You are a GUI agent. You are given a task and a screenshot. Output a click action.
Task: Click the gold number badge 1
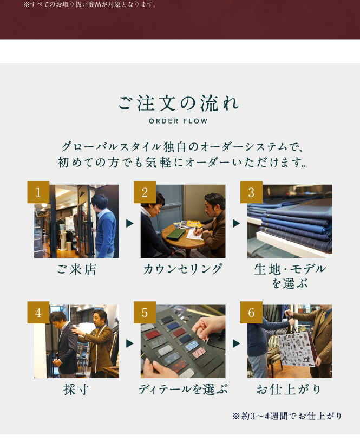pos(38,192)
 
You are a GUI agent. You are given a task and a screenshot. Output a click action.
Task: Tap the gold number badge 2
pos(145,192)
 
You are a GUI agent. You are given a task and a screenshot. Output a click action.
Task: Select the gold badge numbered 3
pos(251,192)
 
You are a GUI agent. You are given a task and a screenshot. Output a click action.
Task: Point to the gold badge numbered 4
pos(38,312)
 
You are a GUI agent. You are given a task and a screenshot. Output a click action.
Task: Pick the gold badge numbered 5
pos(145,312)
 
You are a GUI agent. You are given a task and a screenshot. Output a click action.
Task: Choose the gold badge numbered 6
pos(251,312)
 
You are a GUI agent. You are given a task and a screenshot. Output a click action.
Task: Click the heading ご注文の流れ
pos(179,103)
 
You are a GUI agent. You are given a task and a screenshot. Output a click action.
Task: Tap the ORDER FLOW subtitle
pos(178,121)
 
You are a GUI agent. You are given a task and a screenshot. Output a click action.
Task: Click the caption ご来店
pos(76,269)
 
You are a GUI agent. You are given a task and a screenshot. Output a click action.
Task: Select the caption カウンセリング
pos(183,269)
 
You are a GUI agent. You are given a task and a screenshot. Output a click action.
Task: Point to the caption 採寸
pos(76,390)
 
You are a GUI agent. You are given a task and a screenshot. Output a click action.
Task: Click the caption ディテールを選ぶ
pos(183,390)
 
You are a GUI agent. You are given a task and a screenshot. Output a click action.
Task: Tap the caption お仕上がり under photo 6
pos(289,390)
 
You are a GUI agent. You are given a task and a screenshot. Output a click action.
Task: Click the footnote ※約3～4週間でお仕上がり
pos(287,416)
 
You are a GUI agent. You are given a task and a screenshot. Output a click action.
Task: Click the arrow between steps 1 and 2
pos(129,223)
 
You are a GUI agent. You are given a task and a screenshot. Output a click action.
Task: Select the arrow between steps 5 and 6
pos(237,343)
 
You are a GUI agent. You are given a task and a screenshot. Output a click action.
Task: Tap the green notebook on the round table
pos(176,234)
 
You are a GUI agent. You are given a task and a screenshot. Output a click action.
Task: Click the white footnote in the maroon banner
pos(90,4)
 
